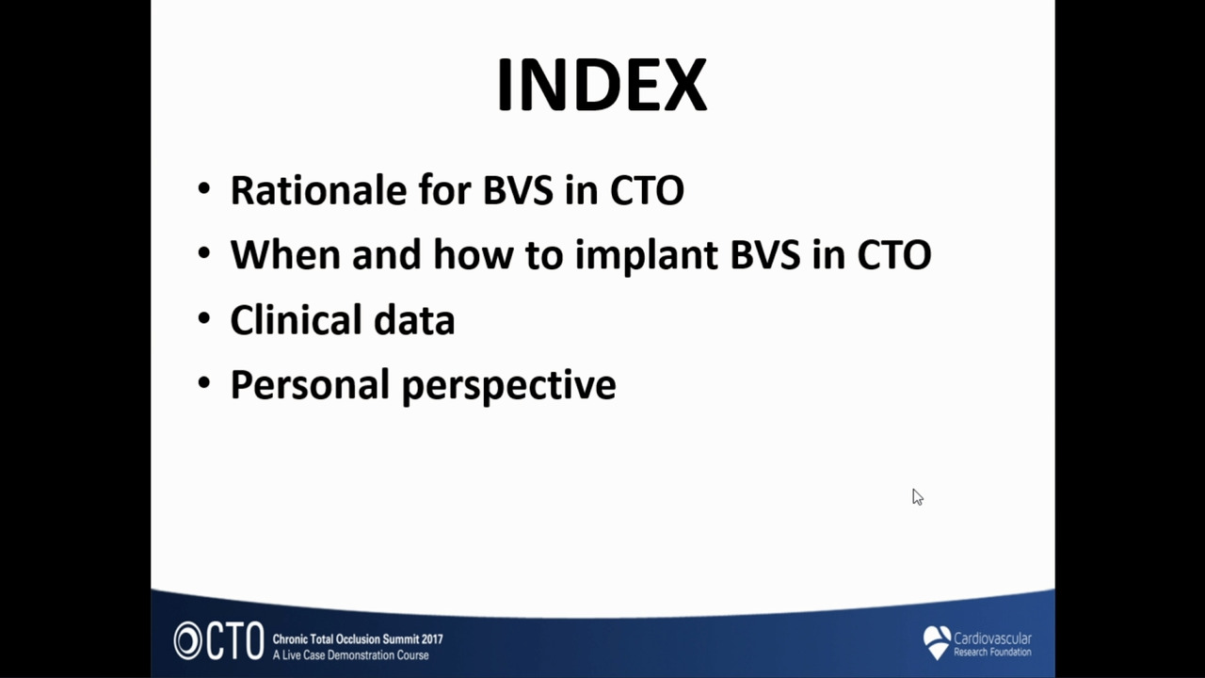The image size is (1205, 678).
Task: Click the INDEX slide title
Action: click(x=602, y=85)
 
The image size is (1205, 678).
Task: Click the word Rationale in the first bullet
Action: click(x=318, y=190)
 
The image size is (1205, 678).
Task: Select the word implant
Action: click(x=647, y=255)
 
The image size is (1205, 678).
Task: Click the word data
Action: click(x=414, y=319)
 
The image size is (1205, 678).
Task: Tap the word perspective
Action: click(x=509, y=386)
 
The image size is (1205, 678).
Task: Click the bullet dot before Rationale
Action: click(x=204, y=188)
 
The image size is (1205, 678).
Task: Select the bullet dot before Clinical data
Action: click(x=204, y=318)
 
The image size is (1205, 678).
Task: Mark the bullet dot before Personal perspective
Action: click(x=204, y=382)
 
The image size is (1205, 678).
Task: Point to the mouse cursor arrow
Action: click(x=918, y=497)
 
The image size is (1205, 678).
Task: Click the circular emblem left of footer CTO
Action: click(x=187, y=640)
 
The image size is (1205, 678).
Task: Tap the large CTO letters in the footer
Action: click(x=234, y=640)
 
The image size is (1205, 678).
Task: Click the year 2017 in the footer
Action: click(x=432, y=639)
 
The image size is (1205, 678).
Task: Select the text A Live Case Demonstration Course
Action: click(x=351, y=655)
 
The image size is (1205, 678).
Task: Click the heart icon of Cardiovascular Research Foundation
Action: click(x=937, y=642)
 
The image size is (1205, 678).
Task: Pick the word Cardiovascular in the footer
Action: click(x=992, y=638)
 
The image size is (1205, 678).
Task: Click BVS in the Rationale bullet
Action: click(x=518, y=190)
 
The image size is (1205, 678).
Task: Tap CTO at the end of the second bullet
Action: click(x=894, y=254)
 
